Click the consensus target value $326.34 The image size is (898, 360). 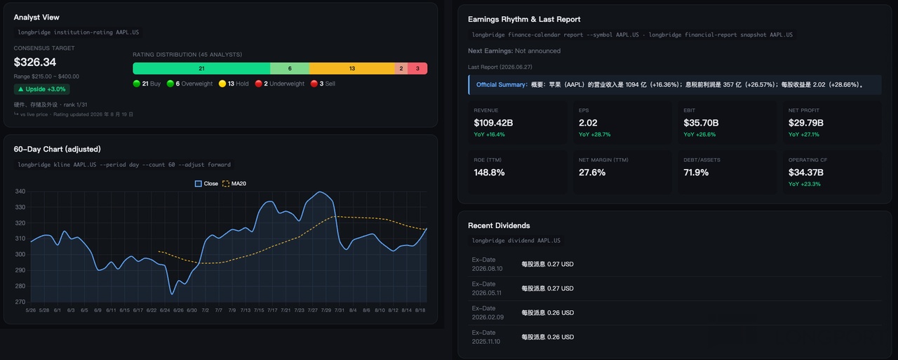(35, 62)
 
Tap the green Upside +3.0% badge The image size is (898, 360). (41, 89)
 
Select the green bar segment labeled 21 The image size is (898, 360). (201, 69)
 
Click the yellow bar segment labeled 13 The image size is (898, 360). (352, 69)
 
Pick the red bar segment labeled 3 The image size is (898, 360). (417, 69)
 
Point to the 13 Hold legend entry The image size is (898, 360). (234, 84)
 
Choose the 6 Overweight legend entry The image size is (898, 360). (189, 84)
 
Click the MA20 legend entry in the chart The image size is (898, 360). (234, 184)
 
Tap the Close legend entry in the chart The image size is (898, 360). (206, 184)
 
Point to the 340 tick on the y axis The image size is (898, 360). (20, 191)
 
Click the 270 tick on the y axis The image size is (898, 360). (20, 302)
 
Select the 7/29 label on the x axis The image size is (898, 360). (326, 310)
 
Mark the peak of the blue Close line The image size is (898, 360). (319, 192)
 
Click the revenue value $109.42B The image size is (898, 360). (493, 123)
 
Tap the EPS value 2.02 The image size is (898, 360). (588, 123)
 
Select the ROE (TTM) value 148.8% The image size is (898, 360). (489, 173)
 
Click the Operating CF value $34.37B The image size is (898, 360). (806, 173)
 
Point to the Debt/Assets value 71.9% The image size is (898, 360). (696, 173)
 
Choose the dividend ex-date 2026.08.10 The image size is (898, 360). (487, 269)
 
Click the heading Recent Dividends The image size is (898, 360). (499, 225)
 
